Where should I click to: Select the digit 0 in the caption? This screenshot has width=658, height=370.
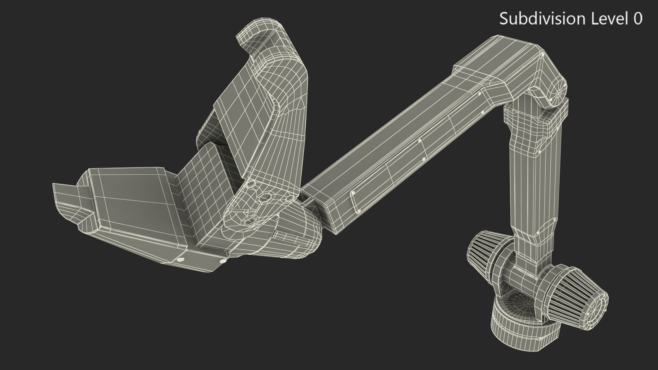pyautogui.click(x=637, y=18)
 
